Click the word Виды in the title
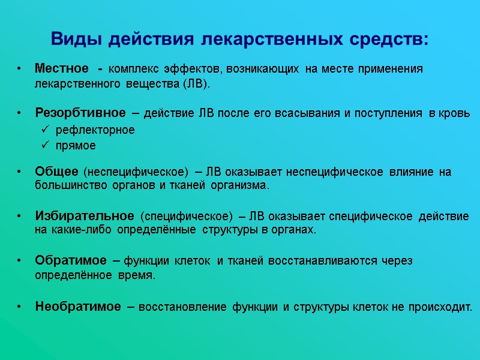(71, 40)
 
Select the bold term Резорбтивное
(80, 113)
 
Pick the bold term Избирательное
(84, 215)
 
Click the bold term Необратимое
(78, 307)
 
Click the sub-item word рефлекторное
(95, 130)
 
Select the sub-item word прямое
(76, 145)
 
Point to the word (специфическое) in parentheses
(186, 215)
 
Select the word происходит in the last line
(440, 307)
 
